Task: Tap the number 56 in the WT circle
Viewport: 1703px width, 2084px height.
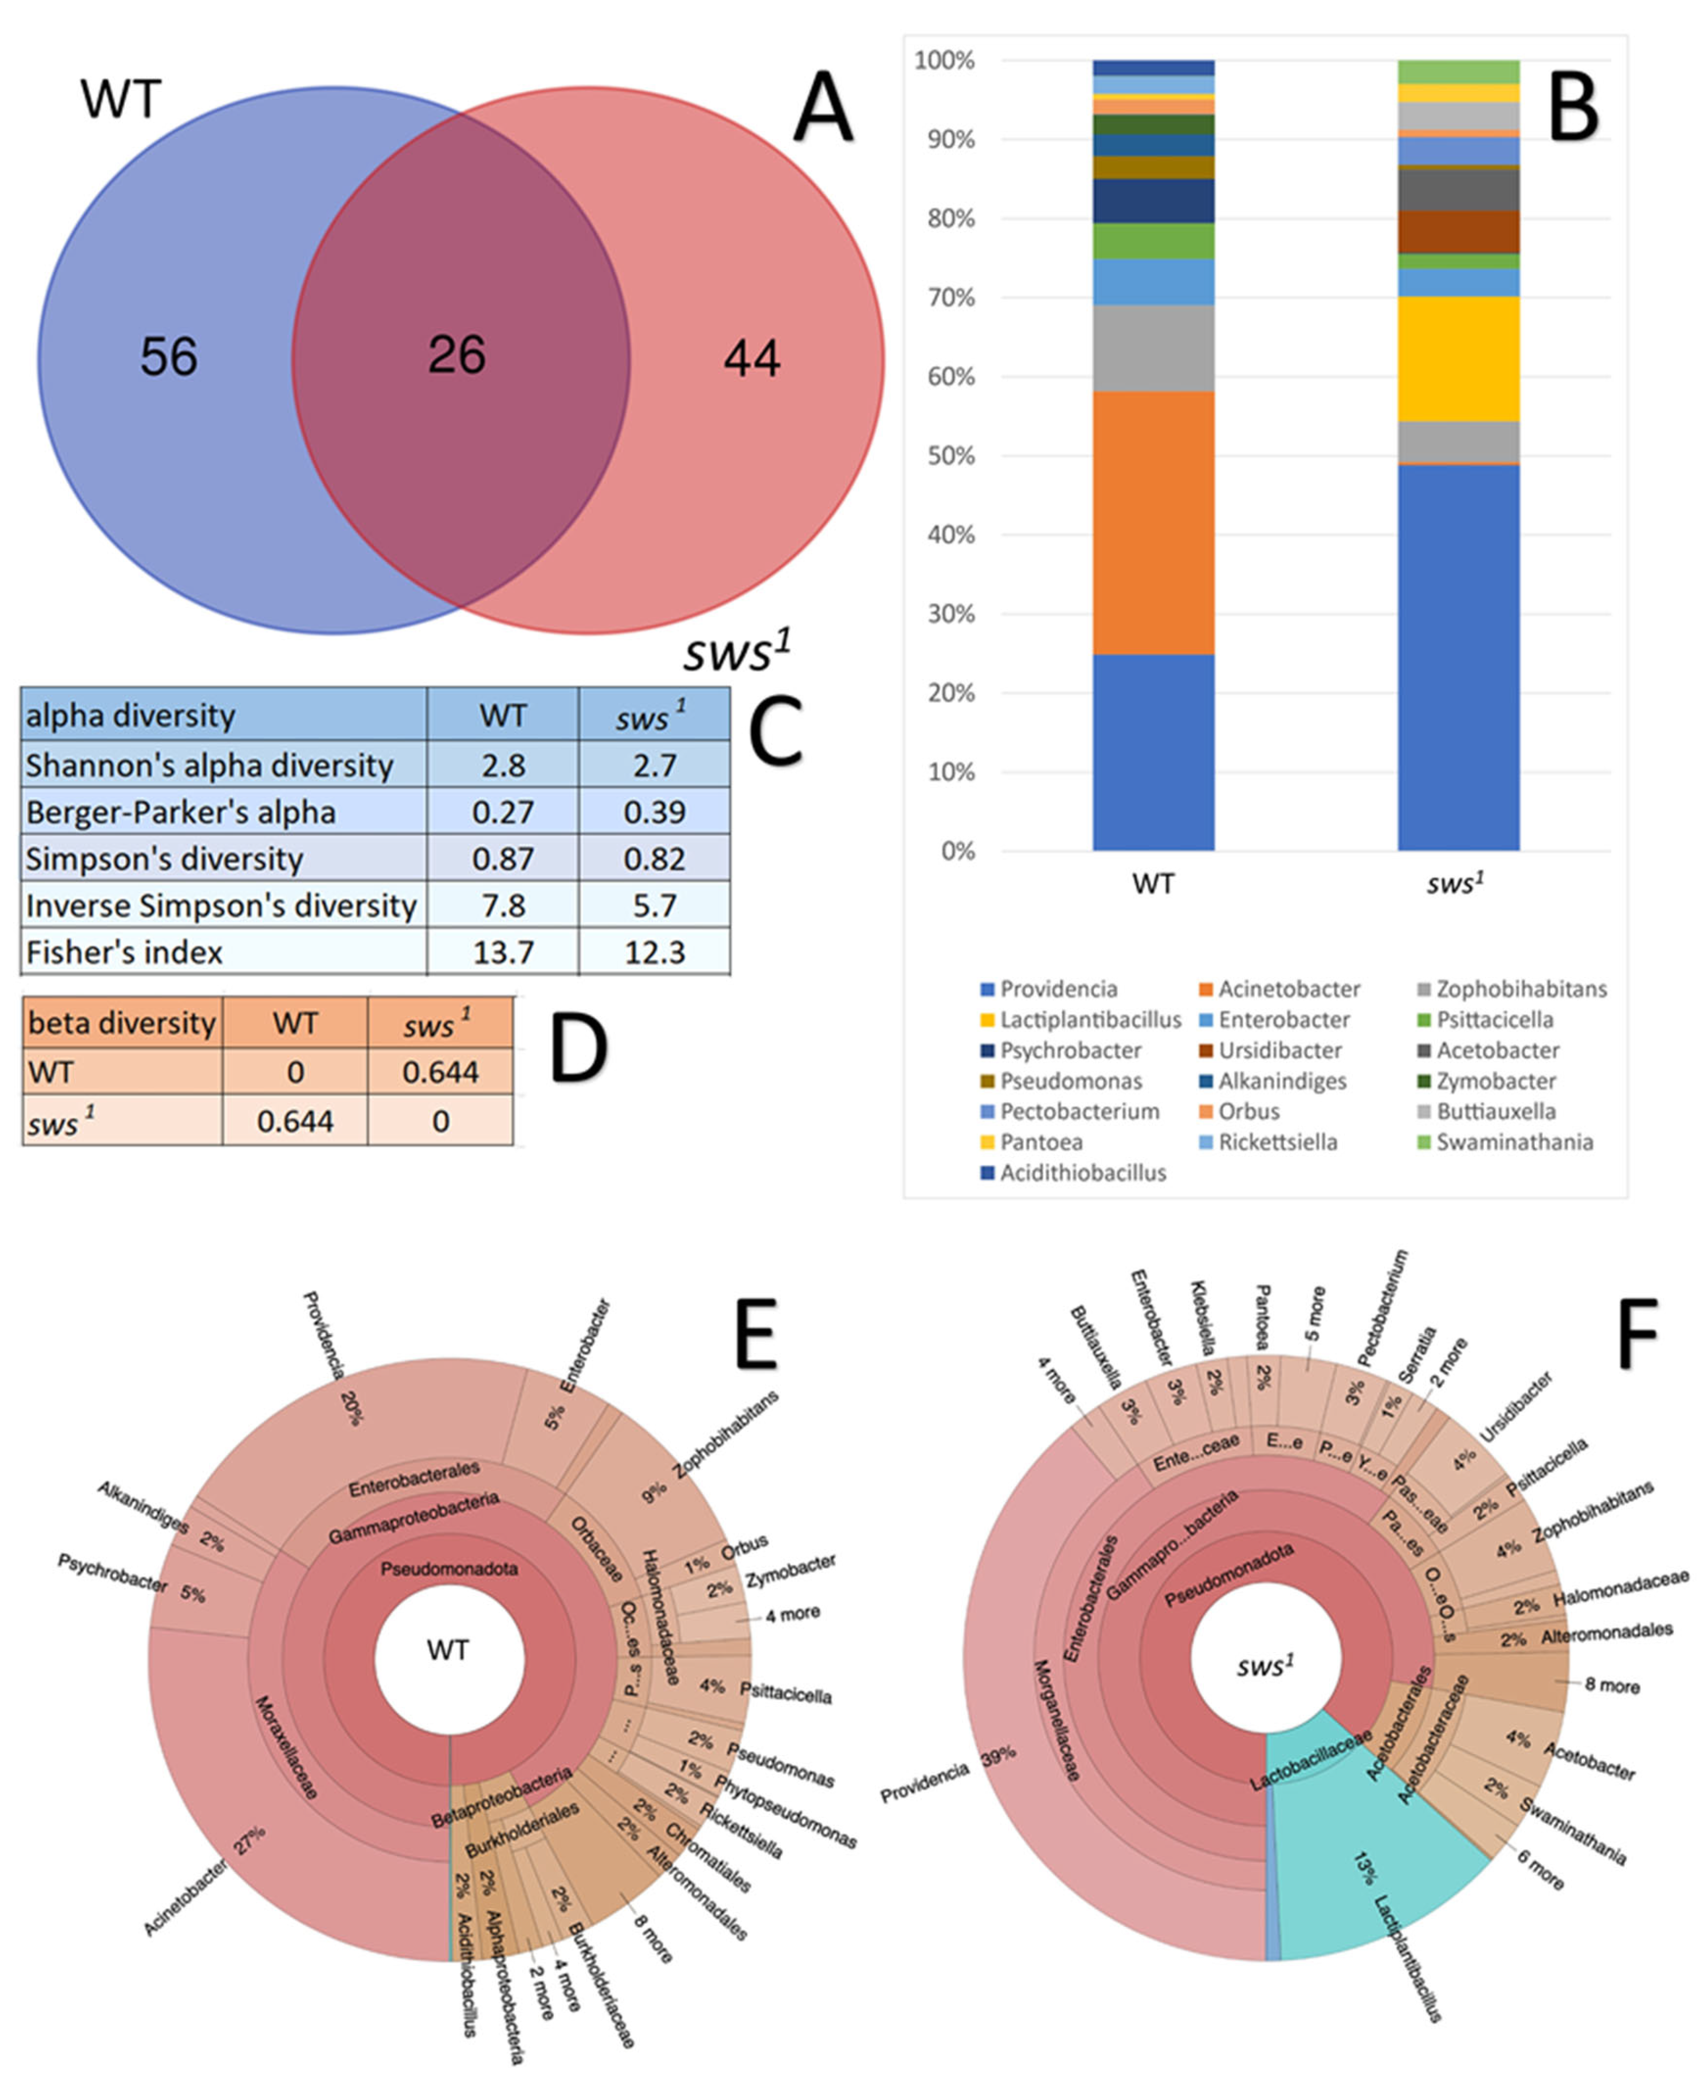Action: point(169,357)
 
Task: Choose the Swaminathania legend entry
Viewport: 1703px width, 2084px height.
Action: point(1514,1142)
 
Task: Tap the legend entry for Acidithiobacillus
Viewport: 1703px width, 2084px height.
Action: point(1082,1173)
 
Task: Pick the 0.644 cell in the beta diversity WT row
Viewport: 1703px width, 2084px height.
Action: point(441,1072)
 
